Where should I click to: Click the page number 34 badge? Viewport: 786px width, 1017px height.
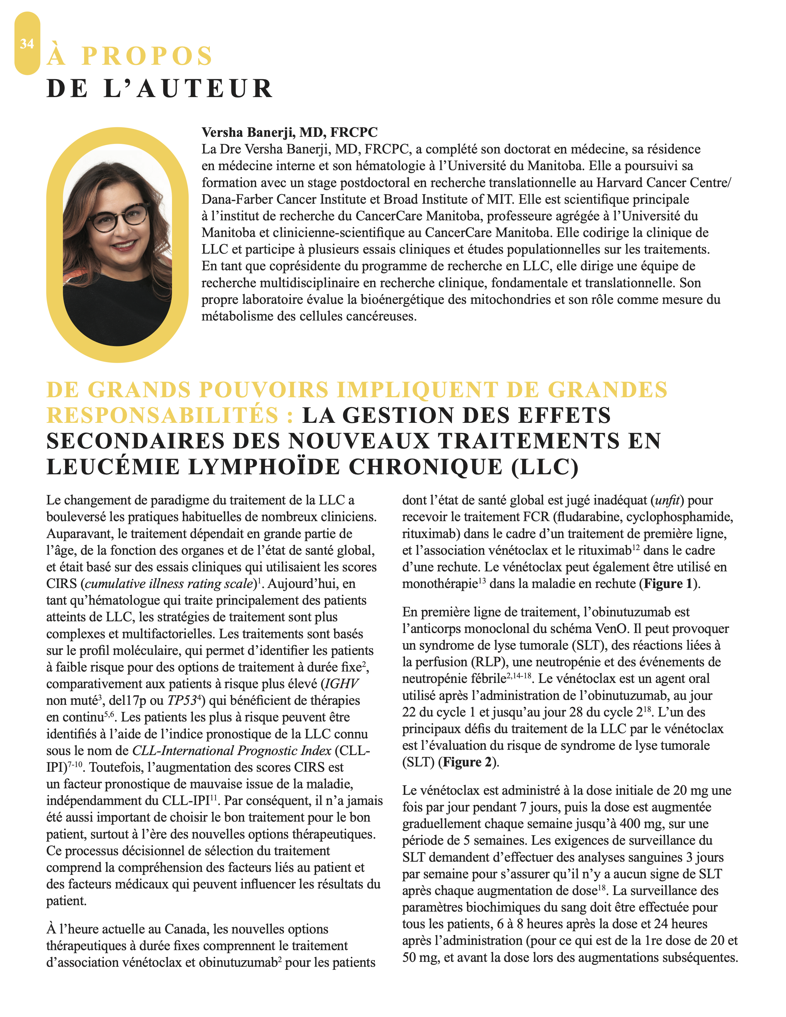(27, 44)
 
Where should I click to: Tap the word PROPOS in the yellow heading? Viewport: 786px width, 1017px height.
(147, 56)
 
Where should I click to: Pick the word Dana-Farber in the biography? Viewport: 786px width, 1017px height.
(237, 199)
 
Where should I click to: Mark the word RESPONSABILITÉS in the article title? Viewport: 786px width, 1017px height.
(162, 415)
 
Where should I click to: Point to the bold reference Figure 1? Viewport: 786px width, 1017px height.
(668, 584)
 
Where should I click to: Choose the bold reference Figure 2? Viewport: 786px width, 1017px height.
(468, 762)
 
